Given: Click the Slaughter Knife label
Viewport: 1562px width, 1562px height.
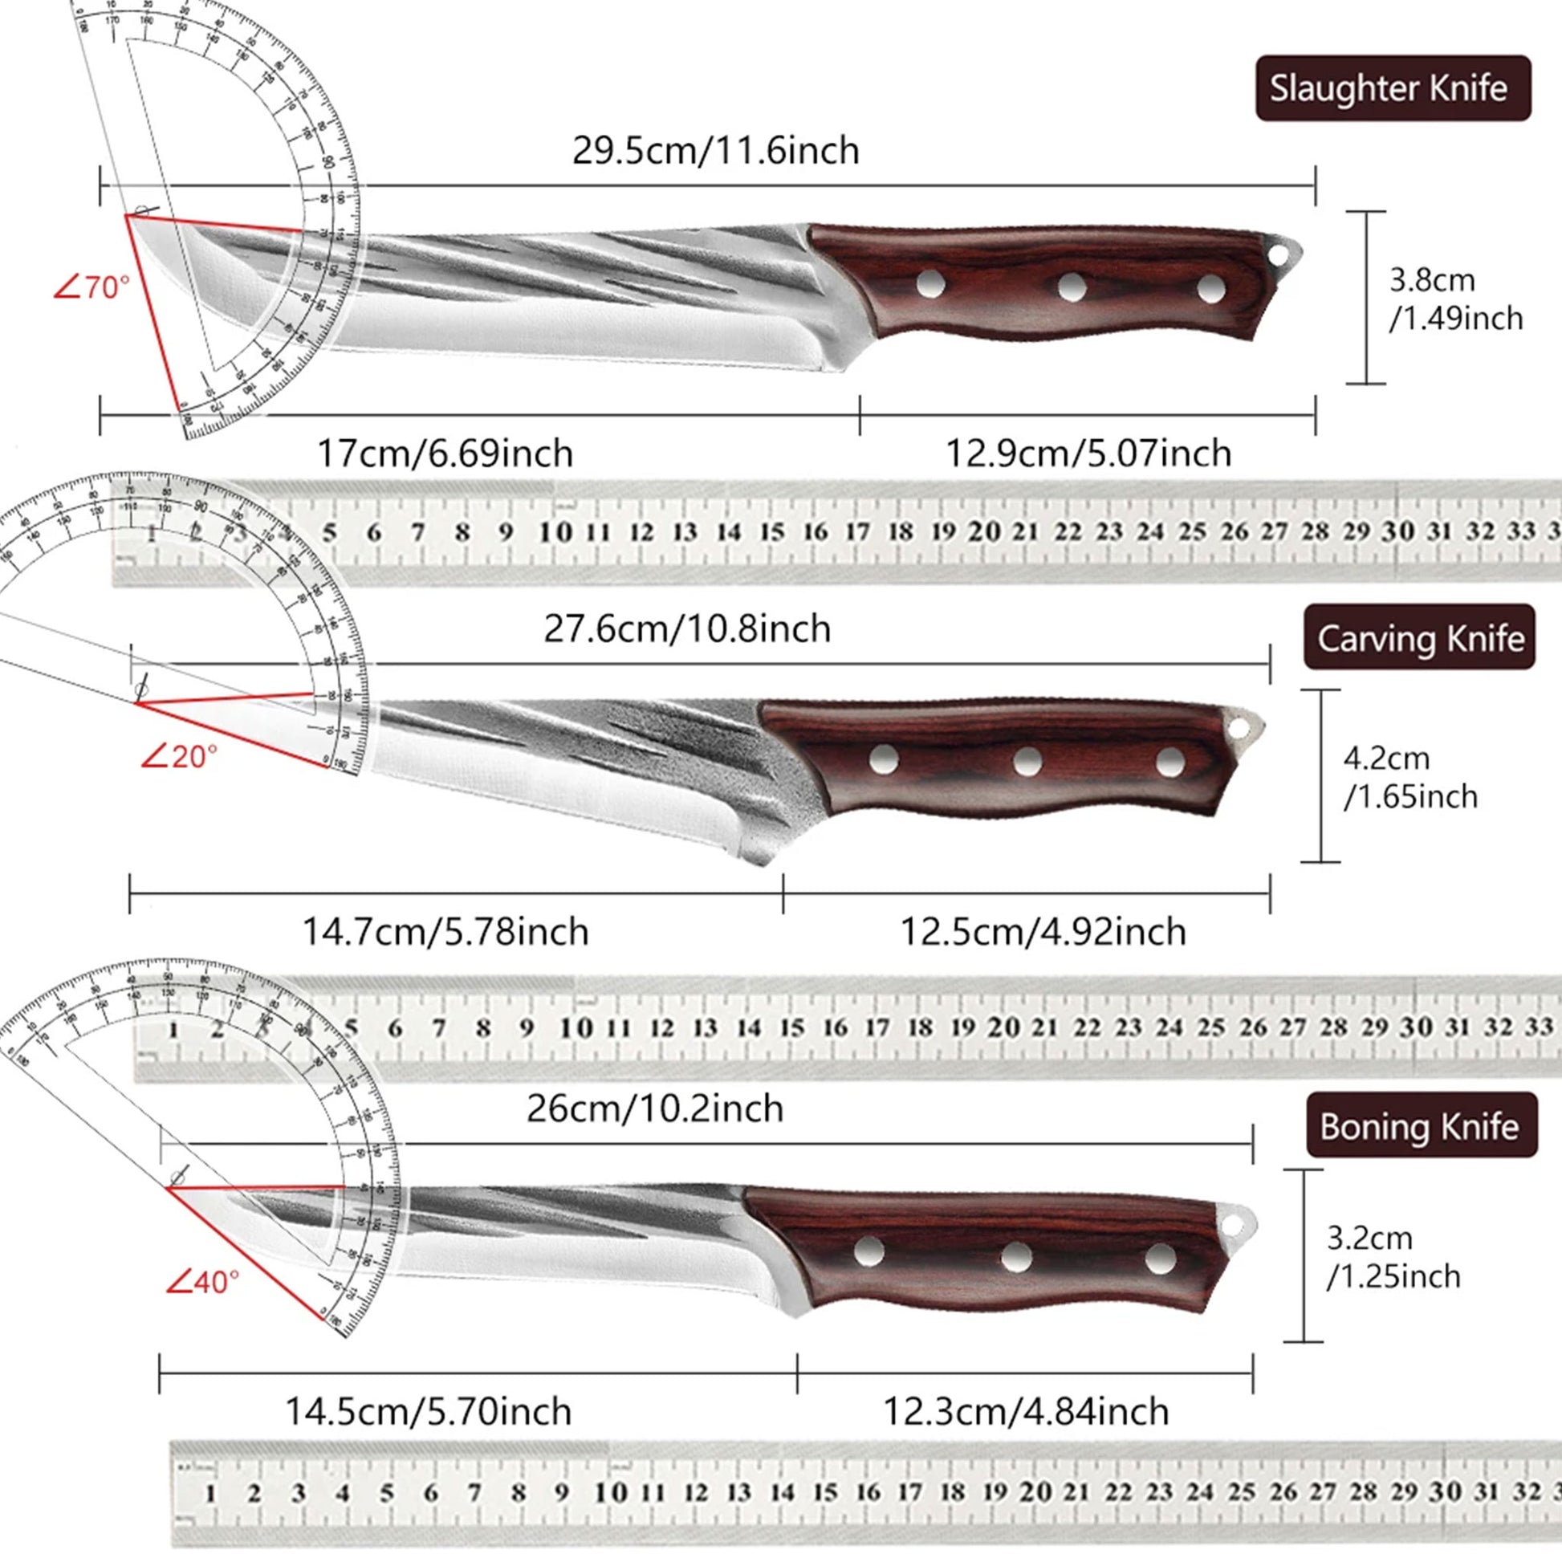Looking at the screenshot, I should point(1392,88).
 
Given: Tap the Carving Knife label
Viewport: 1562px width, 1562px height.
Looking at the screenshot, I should point(1420,639).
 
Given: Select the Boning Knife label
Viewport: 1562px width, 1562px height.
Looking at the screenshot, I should point(1421,1126).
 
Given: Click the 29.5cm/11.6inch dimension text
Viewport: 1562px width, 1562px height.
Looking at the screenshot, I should point(715,151).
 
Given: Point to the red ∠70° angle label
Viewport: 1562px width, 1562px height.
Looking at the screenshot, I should point(92,287).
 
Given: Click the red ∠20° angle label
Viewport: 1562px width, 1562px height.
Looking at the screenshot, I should point(179,757).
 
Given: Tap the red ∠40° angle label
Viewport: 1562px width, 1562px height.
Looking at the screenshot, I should point(202,1281).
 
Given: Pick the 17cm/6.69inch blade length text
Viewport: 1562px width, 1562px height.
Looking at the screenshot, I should point(445,454).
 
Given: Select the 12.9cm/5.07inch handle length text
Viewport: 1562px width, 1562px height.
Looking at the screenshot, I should point(1088,454).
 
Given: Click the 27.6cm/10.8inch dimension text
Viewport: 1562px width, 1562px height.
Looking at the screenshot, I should point(686,629).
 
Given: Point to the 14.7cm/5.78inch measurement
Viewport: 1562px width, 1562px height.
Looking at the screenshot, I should point(445,932).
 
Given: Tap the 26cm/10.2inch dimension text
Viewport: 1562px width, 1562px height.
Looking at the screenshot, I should point(655,1108).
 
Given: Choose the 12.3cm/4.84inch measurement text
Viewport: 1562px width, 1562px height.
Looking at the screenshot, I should point(1025,1412).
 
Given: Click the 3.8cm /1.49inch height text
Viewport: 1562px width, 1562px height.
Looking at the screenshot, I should point(1455,299).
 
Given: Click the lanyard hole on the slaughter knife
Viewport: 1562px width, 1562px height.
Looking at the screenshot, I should point(1278,255).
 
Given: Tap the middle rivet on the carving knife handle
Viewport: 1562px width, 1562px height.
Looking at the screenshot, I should point(1027,761).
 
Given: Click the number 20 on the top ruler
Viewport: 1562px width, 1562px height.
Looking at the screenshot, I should point(984,532).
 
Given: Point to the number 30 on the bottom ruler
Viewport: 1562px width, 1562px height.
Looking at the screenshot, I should point(1445,1491).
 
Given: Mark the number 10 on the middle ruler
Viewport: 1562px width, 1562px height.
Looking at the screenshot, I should point(576,1028).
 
